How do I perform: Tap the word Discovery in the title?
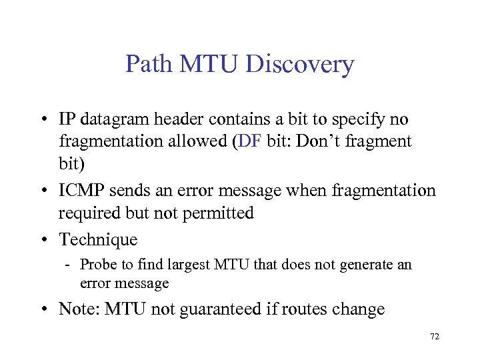coord(300,65)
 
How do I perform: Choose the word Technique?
coord(98,239)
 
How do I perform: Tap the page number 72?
coord(435,337)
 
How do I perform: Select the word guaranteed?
coord(225,309)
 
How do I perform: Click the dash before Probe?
coord(69,265)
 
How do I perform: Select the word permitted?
coord(220,213)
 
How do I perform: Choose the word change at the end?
coord(360,309)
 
